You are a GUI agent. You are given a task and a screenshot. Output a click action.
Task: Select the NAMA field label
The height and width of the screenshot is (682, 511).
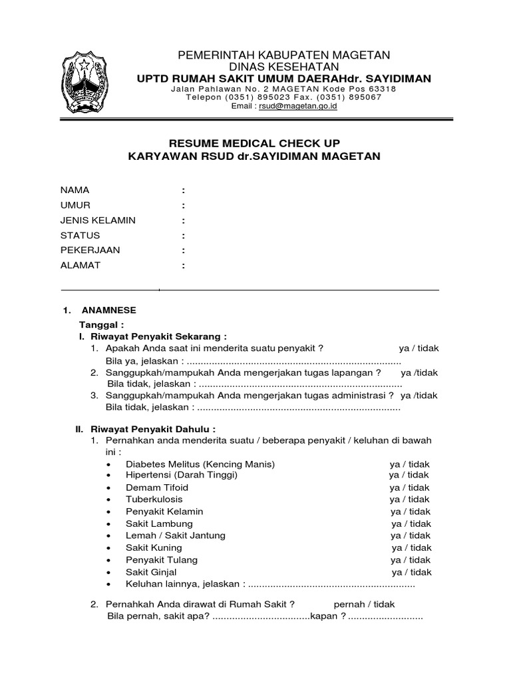pyautogui.click(x=75, y=190)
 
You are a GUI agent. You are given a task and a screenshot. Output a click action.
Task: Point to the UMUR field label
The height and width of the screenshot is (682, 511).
pyautogui.click(x=76, y=205)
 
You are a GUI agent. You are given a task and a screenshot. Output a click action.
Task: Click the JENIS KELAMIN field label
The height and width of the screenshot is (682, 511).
pyautogui.click(x=98, y=220)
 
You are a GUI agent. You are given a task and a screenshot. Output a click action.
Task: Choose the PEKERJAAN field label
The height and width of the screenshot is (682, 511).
pyautogui.click(x=86, y=250)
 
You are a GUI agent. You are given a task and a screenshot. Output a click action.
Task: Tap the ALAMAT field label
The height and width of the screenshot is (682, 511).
pyautogui.click(x=80, y=266)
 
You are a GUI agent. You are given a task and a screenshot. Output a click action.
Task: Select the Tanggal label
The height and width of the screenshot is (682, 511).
pyautogui.click(x=102, y=324)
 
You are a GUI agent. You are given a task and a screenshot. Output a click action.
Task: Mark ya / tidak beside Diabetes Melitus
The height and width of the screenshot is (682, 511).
pyautogui.click(x=410, y=464)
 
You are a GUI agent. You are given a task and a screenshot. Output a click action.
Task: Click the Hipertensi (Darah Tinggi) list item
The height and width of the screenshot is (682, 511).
pyautogui.click(x=181, y=475)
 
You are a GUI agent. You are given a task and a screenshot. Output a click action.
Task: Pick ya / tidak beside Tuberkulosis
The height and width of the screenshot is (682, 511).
pyautogui.click(x=410, y=500)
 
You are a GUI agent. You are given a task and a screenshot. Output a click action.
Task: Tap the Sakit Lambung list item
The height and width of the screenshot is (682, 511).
pyautogui.click(x=159, y=523)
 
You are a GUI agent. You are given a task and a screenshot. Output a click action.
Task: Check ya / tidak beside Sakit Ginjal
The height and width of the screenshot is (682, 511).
pyautogui.click(x=411, y=572)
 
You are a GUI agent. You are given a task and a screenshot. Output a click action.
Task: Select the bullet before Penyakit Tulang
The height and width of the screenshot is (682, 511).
pyautogui.click(x=109, y=561)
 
